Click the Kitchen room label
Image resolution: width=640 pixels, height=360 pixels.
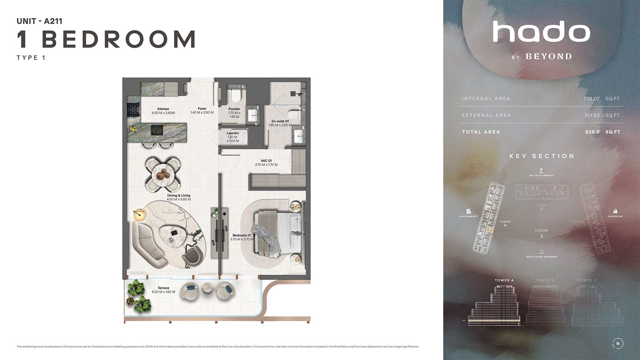163,109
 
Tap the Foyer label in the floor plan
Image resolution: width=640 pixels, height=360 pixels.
202,109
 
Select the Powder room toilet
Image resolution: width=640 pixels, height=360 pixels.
236,95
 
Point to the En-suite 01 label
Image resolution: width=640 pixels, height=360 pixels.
280,121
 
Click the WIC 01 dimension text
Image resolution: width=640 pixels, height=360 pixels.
266,165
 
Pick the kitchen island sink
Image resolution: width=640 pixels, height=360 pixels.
157,130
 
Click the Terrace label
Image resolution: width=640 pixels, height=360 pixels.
163,288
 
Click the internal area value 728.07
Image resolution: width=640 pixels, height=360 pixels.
591,99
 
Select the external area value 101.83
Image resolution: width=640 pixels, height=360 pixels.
592,116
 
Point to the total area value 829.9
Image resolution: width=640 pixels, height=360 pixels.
592,132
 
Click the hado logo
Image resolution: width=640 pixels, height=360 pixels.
541,32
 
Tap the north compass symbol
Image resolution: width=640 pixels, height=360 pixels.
618,344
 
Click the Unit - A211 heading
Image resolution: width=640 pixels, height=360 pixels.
39,21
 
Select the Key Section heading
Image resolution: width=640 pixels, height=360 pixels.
542,156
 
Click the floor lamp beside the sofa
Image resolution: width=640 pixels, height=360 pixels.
140,214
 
